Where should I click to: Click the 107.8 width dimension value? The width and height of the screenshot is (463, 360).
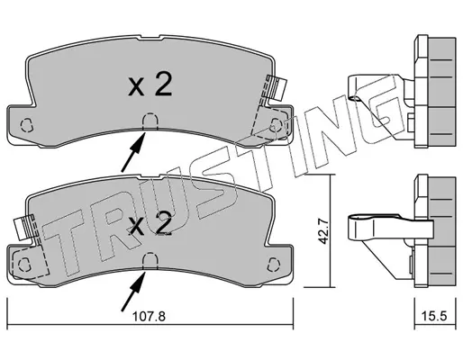pyautogui.click(x=149, y=317)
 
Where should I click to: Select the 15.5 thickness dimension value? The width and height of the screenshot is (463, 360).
pyautogui.click(x=434, y=316)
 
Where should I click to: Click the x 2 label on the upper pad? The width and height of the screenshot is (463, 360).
pyautogui.click(x=150, y=85)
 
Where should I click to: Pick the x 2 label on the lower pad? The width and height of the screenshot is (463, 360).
pyautogui.click(x=150, y=224)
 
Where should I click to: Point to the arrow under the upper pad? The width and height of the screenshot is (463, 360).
pyautogui.click(x=133, y=152)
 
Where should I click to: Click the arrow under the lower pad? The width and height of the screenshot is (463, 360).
pyautogui.click(x=133, y=292)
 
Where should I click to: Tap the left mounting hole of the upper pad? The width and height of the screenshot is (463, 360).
pyautogui.click(x=26, y=124)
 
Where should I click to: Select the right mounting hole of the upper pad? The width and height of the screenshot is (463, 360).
pyautogui.click(x=276, y=124)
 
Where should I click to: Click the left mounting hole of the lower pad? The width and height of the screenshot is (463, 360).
pyautogui.click(x=24, y=265)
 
